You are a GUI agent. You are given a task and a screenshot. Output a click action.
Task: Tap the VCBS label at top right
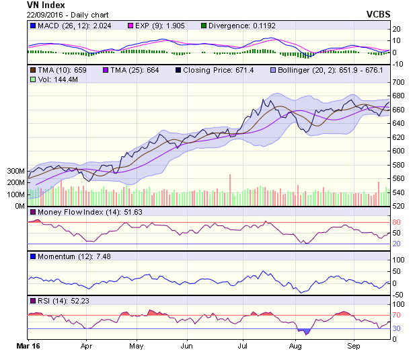click(379, 13)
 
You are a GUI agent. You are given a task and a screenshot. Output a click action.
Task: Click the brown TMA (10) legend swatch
click(32, 69)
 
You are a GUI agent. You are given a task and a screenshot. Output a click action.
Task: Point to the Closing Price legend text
click(214, 69)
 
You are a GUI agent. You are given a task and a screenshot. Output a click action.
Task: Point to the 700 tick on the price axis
click(397, 81)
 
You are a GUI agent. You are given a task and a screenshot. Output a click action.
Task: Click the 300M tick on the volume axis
click(15, 171)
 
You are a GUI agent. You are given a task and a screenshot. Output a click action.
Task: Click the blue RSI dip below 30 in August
click(307, 330)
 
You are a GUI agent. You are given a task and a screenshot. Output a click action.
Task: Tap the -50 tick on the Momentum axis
click(397, 295)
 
